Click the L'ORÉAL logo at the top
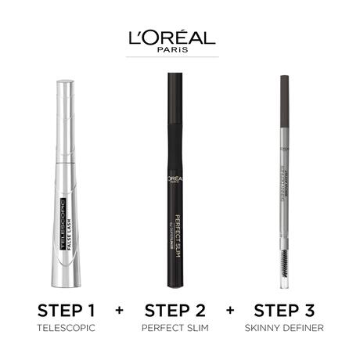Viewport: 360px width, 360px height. [x=180, y=37]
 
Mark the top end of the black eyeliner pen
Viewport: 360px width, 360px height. [x=180, y=76]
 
